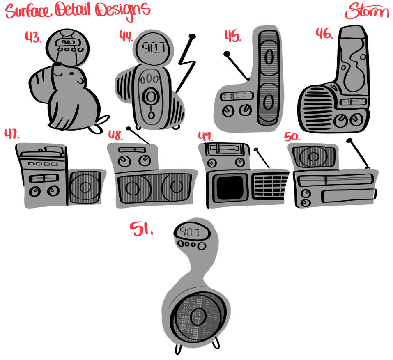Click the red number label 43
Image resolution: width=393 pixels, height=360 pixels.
tap(33, 37)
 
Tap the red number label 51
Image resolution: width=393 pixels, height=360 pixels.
tap(141, 229)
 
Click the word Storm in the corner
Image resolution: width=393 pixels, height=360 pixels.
tap(367, 11)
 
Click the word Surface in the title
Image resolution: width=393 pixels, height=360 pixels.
tap(28, 11)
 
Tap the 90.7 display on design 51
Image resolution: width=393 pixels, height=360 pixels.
tap(190, 232)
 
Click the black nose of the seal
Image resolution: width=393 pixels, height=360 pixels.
tap(57, 64)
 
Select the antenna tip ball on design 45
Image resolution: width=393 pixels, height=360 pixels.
tap(227, 54)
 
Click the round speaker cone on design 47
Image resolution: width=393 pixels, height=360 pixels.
tap(85, 187)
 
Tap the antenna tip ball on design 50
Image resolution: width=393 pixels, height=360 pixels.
tap(349, 140)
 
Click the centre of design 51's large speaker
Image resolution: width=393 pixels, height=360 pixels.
tap(198, 316)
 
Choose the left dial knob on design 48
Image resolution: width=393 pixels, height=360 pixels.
tap(123, 161)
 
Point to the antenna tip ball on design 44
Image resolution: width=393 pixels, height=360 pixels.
tap(192, 36)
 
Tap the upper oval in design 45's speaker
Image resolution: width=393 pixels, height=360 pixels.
tap(269, 57)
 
